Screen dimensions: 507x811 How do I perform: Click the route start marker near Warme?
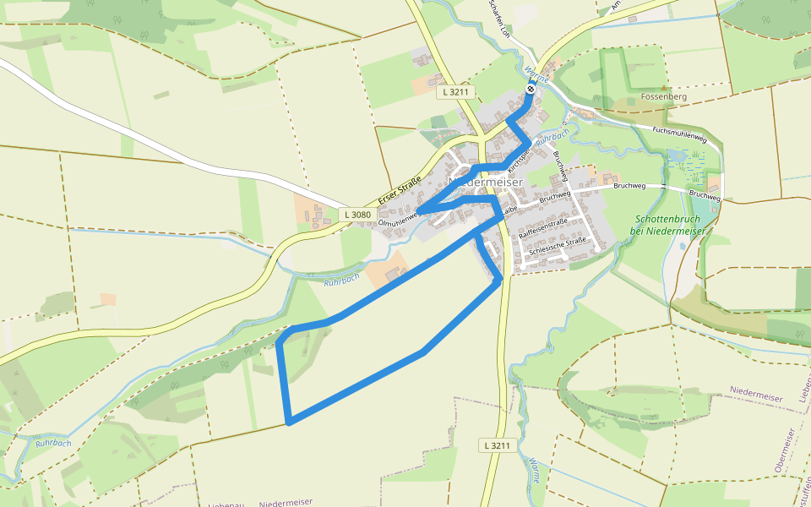[530, 89]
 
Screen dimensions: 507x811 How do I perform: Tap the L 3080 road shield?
[357, 215]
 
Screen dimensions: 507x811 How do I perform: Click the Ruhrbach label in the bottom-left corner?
[53, 443]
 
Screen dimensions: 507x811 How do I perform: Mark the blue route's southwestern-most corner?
[289, 420]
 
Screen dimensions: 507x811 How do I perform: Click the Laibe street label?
[509, 209]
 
